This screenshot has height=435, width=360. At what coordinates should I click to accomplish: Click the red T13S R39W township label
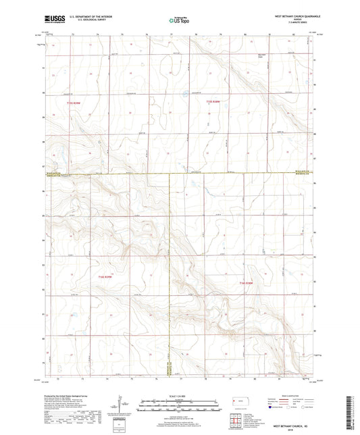[74, 102]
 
